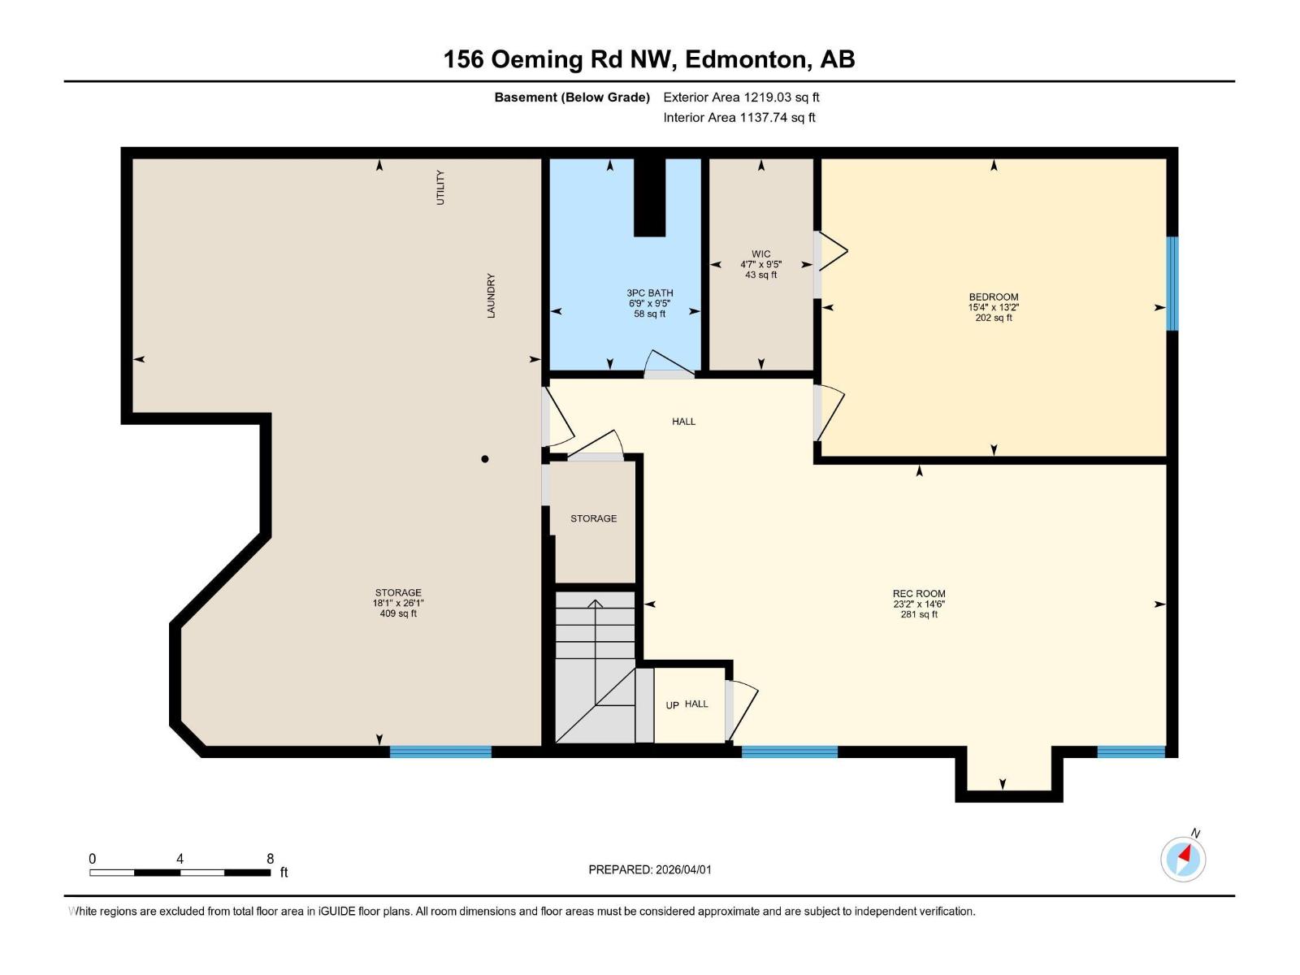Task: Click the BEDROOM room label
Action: [993, 297]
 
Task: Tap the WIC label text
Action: [760, 254]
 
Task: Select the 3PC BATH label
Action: [649, 293]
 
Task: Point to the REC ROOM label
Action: [918, 594]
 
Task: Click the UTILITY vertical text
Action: [440, 187]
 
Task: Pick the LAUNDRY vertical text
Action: [491, 296]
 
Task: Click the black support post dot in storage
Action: [485, 459]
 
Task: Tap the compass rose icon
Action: [1183, 859]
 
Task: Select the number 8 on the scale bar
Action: [270, 859]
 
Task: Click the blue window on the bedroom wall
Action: [1172, 284]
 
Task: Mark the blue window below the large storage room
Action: [440, 752]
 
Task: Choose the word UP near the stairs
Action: [672, 705]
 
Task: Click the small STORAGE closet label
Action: [593, 518]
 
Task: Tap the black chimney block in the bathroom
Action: [649, 197]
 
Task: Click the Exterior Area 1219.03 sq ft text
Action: [741, 97]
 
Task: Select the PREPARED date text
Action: [649, 869]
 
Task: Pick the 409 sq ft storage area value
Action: [398, 614]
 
